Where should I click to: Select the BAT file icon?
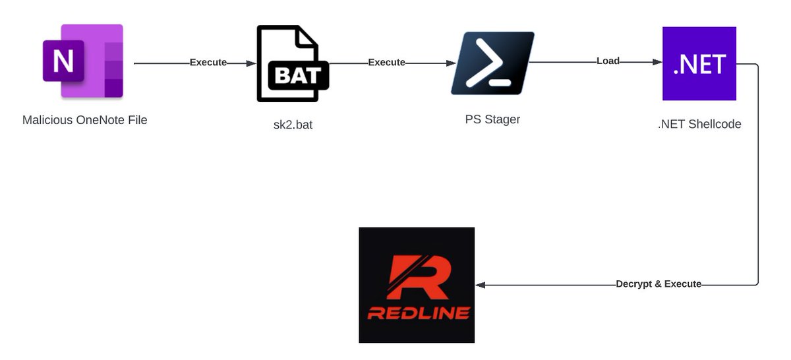[x=291, y=64]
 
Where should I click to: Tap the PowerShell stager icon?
[x=492, y=63]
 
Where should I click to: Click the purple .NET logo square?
[x=699, y=63]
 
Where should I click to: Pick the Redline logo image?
[x=417, y=285]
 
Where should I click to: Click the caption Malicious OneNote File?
[x=84, y=120]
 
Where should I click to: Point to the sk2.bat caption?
[x=293, y=125]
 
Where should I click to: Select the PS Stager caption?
[x=492, y=120]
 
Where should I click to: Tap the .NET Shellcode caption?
[x=699, y=124]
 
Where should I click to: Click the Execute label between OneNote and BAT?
[x=208, y=63]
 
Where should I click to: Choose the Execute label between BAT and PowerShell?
[x=386, y=63]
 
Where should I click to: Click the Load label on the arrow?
[x=608, y=61]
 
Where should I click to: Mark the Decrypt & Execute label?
[x=658, y=284]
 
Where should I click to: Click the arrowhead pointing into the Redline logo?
[x=481, y=285]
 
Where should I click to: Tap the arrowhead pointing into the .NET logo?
[x=657, y=62]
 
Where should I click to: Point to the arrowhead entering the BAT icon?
[x=251, y=63]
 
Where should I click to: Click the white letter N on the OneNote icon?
[x=63, y=61]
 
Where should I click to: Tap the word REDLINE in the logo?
[x=419, y=313]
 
